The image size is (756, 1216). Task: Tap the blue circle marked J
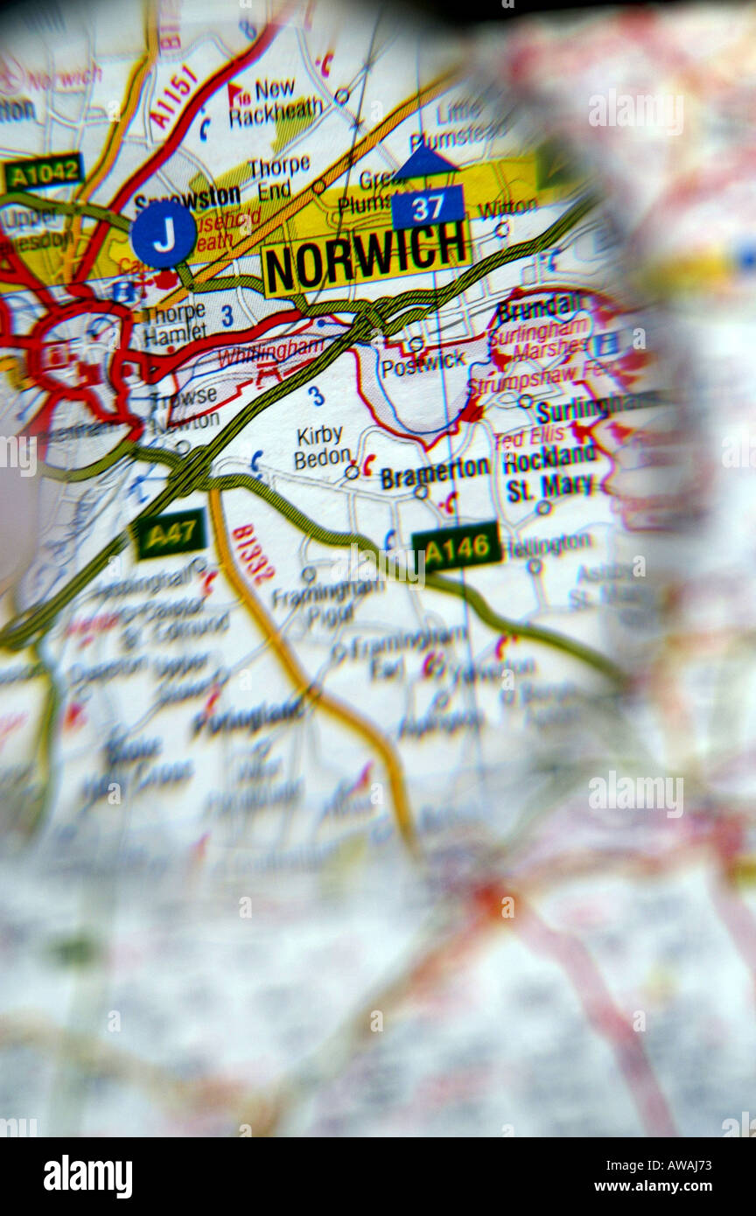point(164,234)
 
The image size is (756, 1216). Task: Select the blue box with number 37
point(428,208)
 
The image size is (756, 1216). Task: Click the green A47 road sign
point(170,534)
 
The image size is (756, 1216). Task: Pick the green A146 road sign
point(457,547)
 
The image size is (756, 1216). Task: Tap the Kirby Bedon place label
point(320,447)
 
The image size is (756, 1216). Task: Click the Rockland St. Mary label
point(550,472)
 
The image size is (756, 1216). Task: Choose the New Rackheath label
point(275,102)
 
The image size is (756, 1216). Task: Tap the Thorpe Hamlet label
point(174,322)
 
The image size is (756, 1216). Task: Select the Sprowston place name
point(187,199)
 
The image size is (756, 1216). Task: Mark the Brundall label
point(538,308)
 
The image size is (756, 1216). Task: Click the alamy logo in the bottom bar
point(88,1176)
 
